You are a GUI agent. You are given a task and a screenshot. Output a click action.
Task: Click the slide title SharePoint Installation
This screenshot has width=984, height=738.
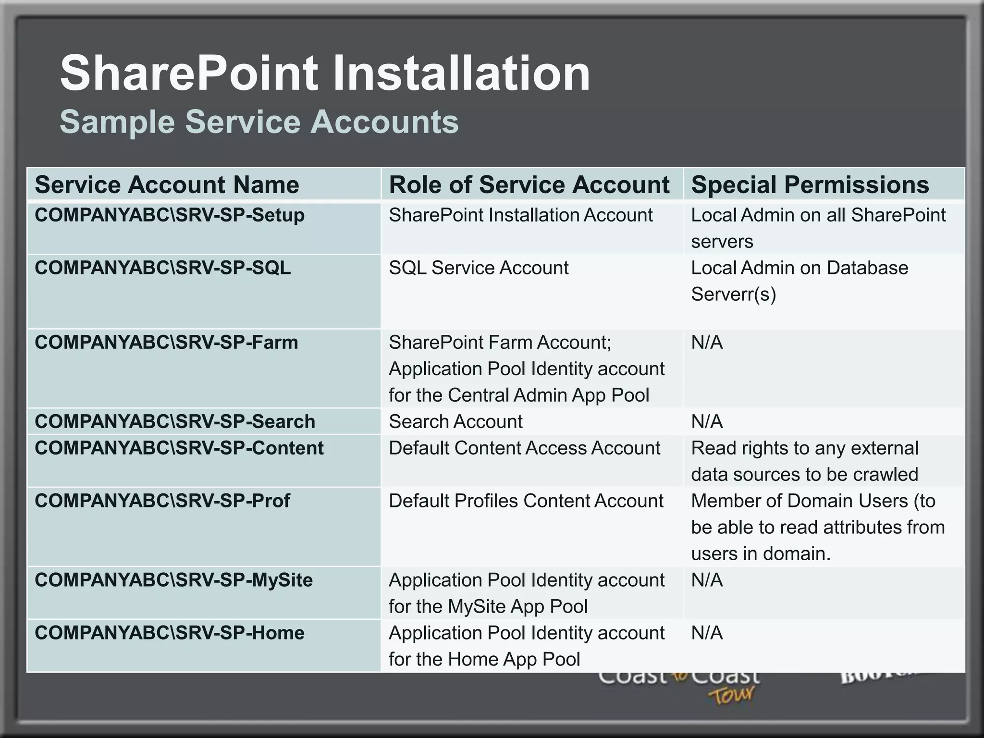tap(325, 73)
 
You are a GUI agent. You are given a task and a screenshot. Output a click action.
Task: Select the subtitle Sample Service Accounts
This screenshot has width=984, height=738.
tap(259, 122)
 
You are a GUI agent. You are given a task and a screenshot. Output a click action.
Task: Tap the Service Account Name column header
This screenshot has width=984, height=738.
tap(167, 184)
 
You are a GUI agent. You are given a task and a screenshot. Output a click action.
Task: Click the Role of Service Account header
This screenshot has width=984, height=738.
tap(529, 184)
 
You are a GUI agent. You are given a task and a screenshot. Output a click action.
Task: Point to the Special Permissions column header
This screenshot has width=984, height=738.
tap(810, 184)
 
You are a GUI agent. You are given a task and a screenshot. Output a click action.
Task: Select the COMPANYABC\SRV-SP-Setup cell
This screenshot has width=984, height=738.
tap(170, 215)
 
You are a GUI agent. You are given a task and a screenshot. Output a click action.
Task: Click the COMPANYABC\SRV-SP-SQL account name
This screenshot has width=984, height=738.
tap(163, 268)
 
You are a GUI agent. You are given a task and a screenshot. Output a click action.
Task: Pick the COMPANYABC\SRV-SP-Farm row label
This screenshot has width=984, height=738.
tap(166, 343)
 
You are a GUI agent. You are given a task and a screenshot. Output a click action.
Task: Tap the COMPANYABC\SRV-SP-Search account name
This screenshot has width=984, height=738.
tap(175, 422)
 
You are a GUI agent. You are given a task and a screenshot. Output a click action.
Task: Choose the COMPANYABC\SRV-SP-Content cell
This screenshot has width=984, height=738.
tap(179, 448)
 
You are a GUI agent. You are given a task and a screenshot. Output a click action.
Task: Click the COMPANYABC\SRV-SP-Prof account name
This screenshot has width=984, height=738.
tap(162, 501)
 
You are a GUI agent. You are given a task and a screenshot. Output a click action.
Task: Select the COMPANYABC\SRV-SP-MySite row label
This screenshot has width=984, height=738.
tap(173, 580)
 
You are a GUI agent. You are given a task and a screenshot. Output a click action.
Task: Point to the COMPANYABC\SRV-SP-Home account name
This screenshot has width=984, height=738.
tap(170, 633)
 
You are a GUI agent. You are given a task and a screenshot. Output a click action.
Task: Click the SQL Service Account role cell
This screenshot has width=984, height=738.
tap(479, 268)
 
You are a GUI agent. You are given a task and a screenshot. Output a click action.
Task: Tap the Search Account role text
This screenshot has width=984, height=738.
tap(455, 422)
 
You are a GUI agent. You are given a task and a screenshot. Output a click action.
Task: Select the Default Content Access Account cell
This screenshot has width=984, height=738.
tap(525, 448)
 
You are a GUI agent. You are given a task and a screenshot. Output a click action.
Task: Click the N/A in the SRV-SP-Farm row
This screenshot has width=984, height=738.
tap(707, 343)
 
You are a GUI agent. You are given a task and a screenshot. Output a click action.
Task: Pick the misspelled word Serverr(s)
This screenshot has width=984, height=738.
tap(733, 295)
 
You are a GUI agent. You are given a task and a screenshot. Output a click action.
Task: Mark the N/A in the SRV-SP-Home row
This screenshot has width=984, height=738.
tap(707, 633)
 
